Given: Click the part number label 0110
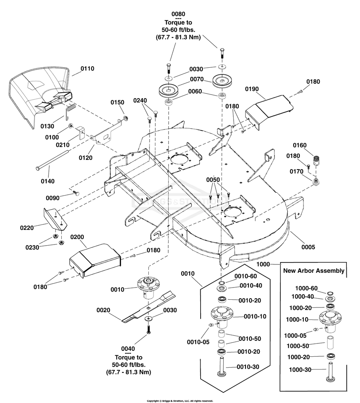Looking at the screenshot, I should point(87,68).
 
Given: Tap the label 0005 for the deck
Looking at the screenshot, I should point(308,247).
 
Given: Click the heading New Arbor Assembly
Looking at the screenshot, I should point(314,271).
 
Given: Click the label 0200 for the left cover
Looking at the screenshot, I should point(77,238).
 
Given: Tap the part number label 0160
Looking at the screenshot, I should point(300,146).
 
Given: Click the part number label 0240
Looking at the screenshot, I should point(140,100).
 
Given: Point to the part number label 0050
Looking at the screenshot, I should point(213,179).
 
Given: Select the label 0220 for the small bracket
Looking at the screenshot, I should point(27,228).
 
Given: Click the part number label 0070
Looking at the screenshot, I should point(197,79).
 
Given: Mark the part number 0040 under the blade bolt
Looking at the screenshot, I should point(128,349).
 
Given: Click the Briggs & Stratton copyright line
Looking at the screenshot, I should point(180,401).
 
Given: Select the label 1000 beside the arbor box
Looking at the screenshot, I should point(263,264).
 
